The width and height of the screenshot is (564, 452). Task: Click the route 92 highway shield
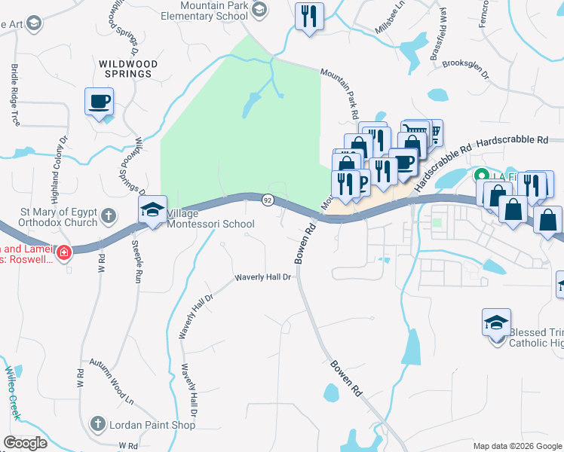pyautogui.click(x=268, y=200)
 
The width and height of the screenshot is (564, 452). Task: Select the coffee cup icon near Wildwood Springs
pyautogui.click(x=99, y=102)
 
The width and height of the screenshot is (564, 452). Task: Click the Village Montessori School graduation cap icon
pyautogui.click(x=152, y=210)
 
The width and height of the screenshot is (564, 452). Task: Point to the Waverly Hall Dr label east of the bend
pyautogui.click(x=263, y=277)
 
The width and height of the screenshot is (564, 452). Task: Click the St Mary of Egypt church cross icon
pyautogui.click(x=109, y=215)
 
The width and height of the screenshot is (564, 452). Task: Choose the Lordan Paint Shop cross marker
pyautogui.click(x=98, y=425)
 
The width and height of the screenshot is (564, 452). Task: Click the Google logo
pyautogui.click(x=25, y=442)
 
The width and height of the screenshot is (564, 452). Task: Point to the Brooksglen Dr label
pyautogui.click(x=467, y=69)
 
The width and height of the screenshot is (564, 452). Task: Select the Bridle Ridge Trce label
pyautogui.click(x=15, y=94)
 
